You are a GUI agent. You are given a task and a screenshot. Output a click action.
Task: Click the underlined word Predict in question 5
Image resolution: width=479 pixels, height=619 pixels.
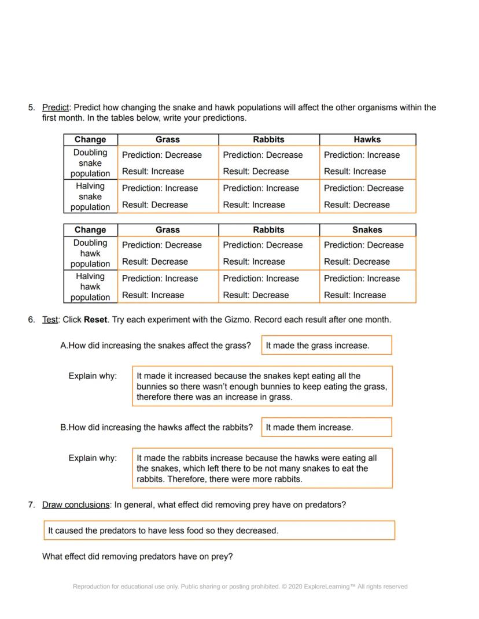pos(56,108)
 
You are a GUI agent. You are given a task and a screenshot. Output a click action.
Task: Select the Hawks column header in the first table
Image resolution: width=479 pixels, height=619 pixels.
pos(367,139)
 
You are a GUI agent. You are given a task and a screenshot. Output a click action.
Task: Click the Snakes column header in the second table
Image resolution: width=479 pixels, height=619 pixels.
pos(367,229)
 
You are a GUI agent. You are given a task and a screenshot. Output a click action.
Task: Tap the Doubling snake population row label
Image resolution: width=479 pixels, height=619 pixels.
pos(90,163)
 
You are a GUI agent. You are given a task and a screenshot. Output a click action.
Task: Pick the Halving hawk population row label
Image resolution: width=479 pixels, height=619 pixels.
pos(90,287)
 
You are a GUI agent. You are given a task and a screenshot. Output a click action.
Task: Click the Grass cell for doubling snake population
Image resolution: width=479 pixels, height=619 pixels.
pos(168,163)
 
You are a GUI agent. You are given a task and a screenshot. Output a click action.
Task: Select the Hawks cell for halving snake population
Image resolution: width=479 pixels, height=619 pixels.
pos(367,197)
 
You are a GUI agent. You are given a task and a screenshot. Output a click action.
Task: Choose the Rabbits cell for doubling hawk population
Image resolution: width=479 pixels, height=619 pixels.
pos(268,253)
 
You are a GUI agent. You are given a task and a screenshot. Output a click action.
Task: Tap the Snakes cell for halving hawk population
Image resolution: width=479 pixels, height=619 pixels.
pos(367,287)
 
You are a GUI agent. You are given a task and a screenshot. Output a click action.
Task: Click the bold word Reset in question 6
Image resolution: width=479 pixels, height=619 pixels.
pos(95,320)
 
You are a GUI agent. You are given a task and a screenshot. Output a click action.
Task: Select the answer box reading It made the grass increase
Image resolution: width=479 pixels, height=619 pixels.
pos(326,346)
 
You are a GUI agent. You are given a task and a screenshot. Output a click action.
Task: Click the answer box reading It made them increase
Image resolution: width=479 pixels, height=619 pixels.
pos(326,428)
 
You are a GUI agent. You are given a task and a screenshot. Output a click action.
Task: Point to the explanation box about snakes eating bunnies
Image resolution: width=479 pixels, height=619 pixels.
pos(262,386)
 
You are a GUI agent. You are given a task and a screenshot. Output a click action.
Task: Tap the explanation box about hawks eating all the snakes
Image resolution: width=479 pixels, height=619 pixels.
pos(262,468)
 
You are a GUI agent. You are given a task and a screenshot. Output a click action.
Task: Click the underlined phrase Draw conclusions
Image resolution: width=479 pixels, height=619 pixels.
pos(76,505)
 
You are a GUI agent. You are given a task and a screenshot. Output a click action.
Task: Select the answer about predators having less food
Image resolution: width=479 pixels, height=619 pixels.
pos(219,531)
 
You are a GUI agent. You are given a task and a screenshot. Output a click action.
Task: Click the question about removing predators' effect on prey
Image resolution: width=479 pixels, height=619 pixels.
pos(138,557)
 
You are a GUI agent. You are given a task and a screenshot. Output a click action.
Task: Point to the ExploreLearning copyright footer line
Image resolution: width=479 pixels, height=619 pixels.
pos(240,587)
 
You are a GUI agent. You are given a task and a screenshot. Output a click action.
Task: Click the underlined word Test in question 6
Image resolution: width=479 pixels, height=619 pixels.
pos(50,320)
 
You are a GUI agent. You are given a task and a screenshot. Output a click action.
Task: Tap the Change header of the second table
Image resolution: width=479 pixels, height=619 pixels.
pos(90,229)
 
